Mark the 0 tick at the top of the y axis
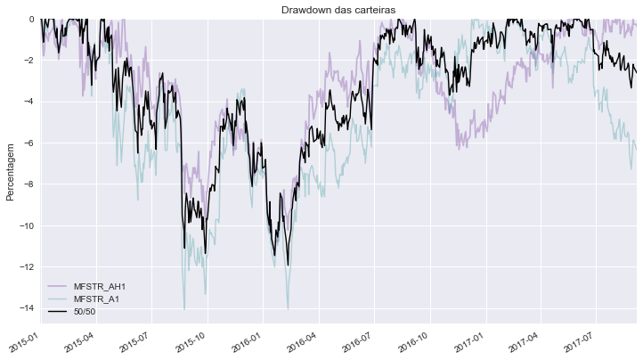[31, 19]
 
